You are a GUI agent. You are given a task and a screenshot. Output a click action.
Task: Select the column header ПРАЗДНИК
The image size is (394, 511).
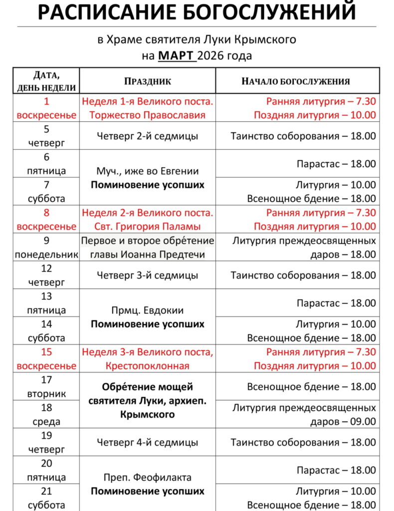pyautogui.click(x=147, y=81)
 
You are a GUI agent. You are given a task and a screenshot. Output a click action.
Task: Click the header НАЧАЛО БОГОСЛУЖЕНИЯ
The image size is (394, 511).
pyautogui.click(x=296, y=81)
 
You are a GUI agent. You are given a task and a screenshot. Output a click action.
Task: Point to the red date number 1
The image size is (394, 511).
pyautogui.click(x=47, y=101)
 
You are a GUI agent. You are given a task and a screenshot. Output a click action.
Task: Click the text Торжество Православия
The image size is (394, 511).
pyautogui.click(x=148, y=115)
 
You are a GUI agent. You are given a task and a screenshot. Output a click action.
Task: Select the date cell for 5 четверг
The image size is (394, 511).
pyautogui.click(x=47, y=136)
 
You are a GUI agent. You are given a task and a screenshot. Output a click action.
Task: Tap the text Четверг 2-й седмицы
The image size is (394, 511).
pyautogui.click(x=148, y=136)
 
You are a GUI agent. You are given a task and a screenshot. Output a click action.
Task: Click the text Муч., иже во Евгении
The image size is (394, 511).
pyautogui.click(x=148, y=171)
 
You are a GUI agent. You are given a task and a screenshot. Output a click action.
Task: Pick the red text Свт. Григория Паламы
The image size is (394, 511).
pyautogui.click(x=148, y=227)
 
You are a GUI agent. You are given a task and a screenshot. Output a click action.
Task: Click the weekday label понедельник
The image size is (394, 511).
pyautogui.click(x=47, y=255)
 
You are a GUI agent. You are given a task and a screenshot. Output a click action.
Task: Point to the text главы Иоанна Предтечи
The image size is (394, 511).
pyautogui.click(x=148, y=255)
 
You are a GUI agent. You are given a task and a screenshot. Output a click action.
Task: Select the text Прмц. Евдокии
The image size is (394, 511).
pyautogui.click(x=148, y=310)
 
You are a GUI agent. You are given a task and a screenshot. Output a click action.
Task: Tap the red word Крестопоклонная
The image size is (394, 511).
pyautogui.click(x=148, y=366)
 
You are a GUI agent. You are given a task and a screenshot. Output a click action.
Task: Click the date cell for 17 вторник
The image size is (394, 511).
pyautogui.click(x=47, y=387)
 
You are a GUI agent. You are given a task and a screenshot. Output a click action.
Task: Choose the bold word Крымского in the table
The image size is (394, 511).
pyautogui.click(x=148, y=414)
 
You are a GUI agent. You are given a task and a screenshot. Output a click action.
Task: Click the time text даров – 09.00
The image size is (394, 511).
pyautogui.click(x=343, y=421)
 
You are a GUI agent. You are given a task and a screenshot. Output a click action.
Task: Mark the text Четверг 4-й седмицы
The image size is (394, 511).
pyautogui.click(x=148, y=442)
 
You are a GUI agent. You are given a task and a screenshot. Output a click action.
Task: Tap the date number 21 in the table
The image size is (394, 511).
pyautogui.click(x=47, y=491)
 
